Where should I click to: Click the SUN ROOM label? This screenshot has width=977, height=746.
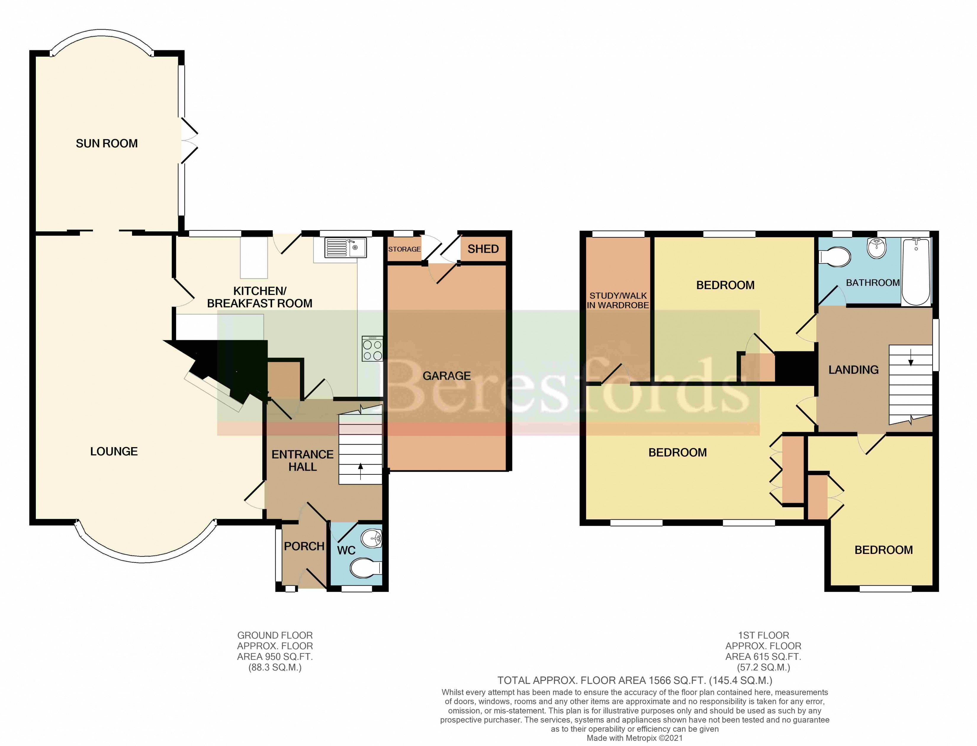[x=107, y=144]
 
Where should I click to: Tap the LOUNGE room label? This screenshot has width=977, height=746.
[x=114, y=452]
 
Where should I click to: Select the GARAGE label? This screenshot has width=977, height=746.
[x=446, y=376]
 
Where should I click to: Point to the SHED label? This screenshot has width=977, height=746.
[x=483, y=249]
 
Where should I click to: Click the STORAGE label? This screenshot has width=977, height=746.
[x=404, y=249]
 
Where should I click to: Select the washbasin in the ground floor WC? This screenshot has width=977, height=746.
[x=372, y=539]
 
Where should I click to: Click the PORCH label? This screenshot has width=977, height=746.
[x=304, y=546]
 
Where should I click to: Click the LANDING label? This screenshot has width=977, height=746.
[x=854, y=370]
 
